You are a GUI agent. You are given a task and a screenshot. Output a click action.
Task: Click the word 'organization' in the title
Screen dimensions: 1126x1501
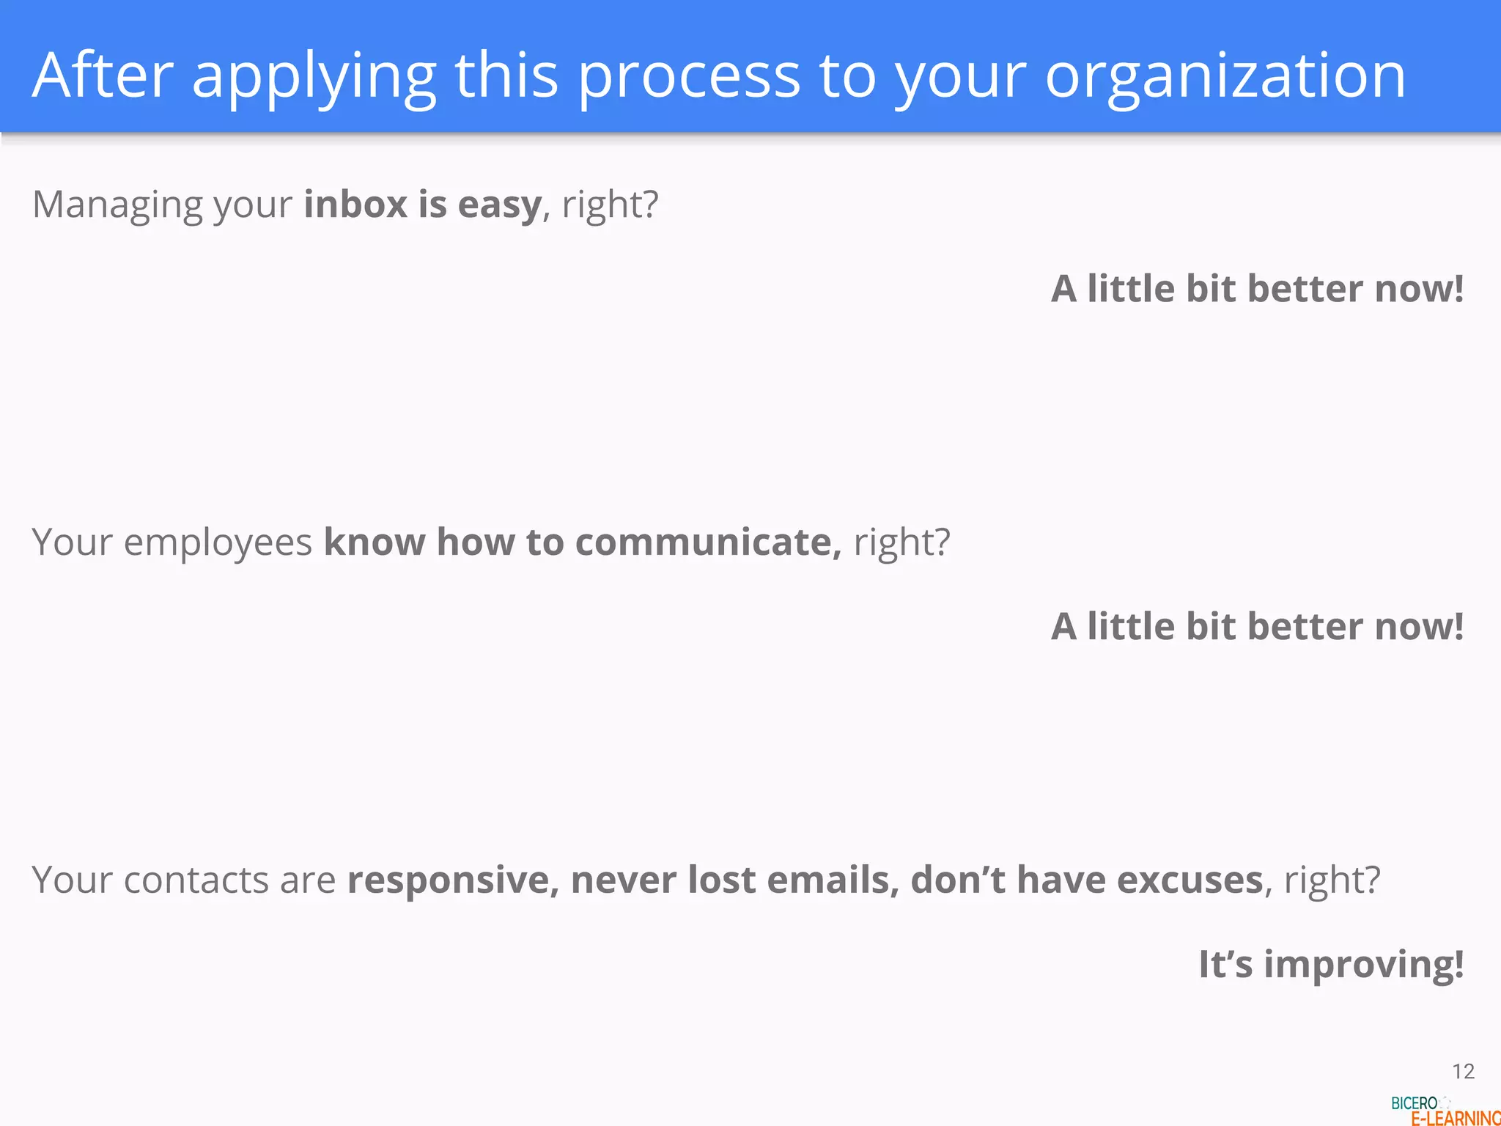point(1225,76)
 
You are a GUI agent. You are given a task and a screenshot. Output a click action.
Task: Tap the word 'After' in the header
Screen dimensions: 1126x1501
point(103,76)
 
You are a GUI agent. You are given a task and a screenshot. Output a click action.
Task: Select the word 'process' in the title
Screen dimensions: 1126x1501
point(689,77)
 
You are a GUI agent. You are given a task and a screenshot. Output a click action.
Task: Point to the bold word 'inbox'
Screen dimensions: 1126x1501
point(355,204)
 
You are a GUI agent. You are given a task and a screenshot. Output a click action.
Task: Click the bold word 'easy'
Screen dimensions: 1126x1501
point(499,205)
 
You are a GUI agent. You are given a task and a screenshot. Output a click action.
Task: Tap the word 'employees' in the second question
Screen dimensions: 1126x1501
point(218,543)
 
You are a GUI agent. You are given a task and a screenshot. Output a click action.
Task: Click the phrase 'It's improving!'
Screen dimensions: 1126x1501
point(1330,964)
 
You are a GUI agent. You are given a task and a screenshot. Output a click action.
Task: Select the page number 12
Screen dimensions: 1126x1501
point(1463,1072)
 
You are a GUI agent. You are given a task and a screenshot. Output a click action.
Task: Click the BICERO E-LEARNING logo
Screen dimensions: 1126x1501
point(1444,1111)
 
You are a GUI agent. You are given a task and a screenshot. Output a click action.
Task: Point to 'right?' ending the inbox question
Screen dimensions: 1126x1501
point(610,205)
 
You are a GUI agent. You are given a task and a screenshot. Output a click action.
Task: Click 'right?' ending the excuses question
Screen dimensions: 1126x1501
point(1332,880)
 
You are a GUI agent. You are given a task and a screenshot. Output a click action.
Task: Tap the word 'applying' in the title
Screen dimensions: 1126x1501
point(314,77)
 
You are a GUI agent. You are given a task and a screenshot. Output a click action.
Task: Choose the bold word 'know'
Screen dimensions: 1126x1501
point(374,542)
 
